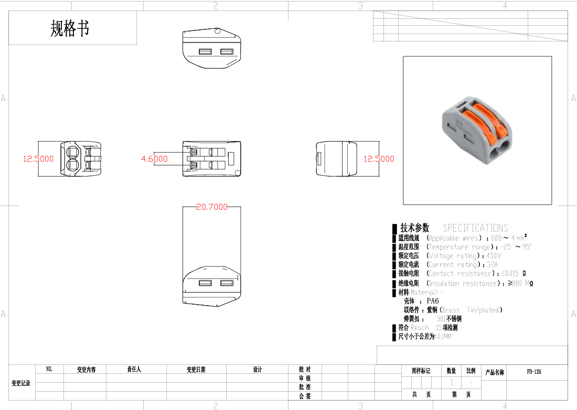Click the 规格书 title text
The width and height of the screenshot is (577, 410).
[70, 28]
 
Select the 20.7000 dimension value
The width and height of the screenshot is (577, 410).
[212, 207]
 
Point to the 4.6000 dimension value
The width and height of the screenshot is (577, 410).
[154, 159]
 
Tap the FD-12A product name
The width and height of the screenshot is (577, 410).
[534, 372]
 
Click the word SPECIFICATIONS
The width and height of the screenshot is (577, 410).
[475, 228]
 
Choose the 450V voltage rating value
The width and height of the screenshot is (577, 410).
[494, 256]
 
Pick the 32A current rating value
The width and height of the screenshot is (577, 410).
[492, 265]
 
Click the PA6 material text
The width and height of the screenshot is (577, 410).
[433, 301]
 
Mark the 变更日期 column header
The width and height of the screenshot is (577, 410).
[196, 370]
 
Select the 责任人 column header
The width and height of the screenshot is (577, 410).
[134, 370]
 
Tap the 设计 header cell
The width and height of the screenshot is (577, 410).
[257, 370]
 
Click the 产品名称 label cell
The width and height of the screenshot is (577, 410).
[495, 372]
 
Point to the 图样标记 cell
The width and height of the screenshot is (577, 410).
[421, 371]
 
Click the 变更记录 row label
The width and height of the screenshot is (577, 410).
[21, 383]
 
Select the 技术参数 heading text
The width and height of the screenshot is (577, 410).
[414, 228]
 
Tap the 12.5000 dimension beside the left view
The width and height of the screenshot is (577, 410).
[38, 159]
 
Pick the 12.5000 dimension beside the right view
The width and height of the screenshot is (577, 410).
[379, 159]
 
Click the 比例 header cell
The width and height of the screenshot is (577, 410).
[471, 371]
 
